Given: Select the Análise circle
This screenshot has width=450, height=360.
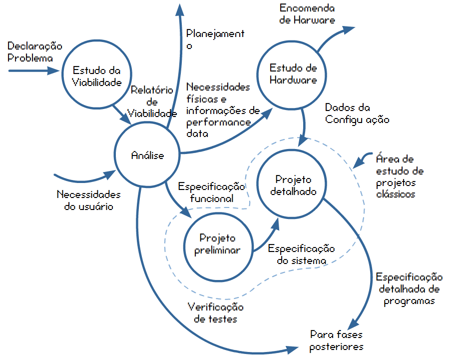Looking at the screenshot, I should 147,156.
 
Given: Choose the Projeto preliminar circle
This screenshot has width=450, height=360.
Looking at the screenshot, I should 217,244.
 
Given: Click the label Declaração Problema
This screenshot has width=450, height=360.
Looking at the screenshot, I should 35,52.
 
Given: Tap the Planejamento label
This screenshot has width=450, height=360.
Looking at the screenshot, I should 215,39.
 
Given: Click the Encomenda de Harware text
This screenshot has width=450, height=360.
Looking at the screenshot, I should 307,14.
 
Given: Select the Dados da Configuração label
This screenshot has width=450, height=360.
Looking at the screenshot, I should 357,113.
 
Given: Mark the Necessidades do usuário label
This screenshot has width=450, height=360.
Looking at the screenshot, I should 88,200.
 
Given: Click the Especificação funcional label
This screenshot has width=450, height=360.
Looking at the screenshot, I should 211,192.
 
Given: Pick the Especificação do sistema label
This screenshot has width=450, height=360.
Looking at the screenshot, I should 301,254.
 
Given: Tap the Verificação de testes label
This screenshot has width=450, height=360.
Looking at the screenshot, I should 215,312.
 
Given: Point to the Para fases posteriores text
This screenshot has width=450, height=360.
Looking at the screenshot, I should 336,340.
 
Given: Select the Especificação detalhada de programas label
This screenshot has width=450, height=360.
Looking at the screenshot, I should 409,289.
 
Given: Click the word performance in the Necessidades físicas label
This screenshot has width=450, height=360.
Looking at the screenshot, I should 218,121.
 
